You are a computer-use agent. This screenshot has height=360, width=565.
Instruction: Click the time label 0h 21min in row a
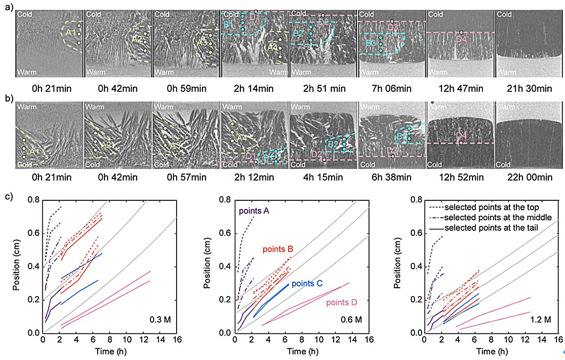49,89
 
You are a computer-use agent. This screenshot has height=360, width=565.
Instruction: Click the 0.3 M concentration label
160,319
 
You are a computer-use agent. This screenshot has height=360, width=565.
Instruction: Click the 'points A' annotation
254,211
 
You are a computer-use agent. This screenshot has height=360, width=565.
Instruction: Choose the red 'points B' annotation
278,250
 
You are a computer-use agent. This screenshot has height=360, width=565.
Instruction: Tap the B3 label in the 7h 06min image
370,43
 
